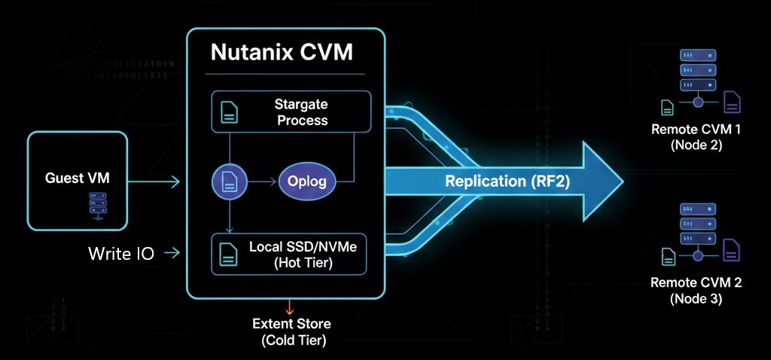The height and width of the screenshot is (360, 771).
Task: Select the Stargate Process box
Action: click(x=291, y=111)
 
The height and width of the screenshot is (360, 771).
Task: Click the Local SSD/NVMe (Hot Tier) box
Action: click(x=291, y=255)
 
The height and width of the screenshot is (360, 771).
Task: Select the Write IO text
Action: click(x=120, y=254)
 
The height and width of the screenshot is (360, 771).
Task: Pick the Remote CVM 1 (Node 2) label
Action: click(x=696, y=137)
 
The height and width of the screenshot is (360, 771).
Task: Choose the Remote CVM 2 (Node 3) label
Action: click(x=696, y=291)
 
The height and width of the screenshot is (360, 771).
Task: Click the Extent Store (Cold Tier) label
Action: click(x=291, y=331)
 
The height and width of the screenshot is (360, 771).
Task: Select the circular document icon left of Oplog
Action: click(x=228, y=182)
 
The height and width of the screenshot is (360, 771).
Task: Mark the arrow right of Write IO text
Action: click(x=172, y=254)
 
